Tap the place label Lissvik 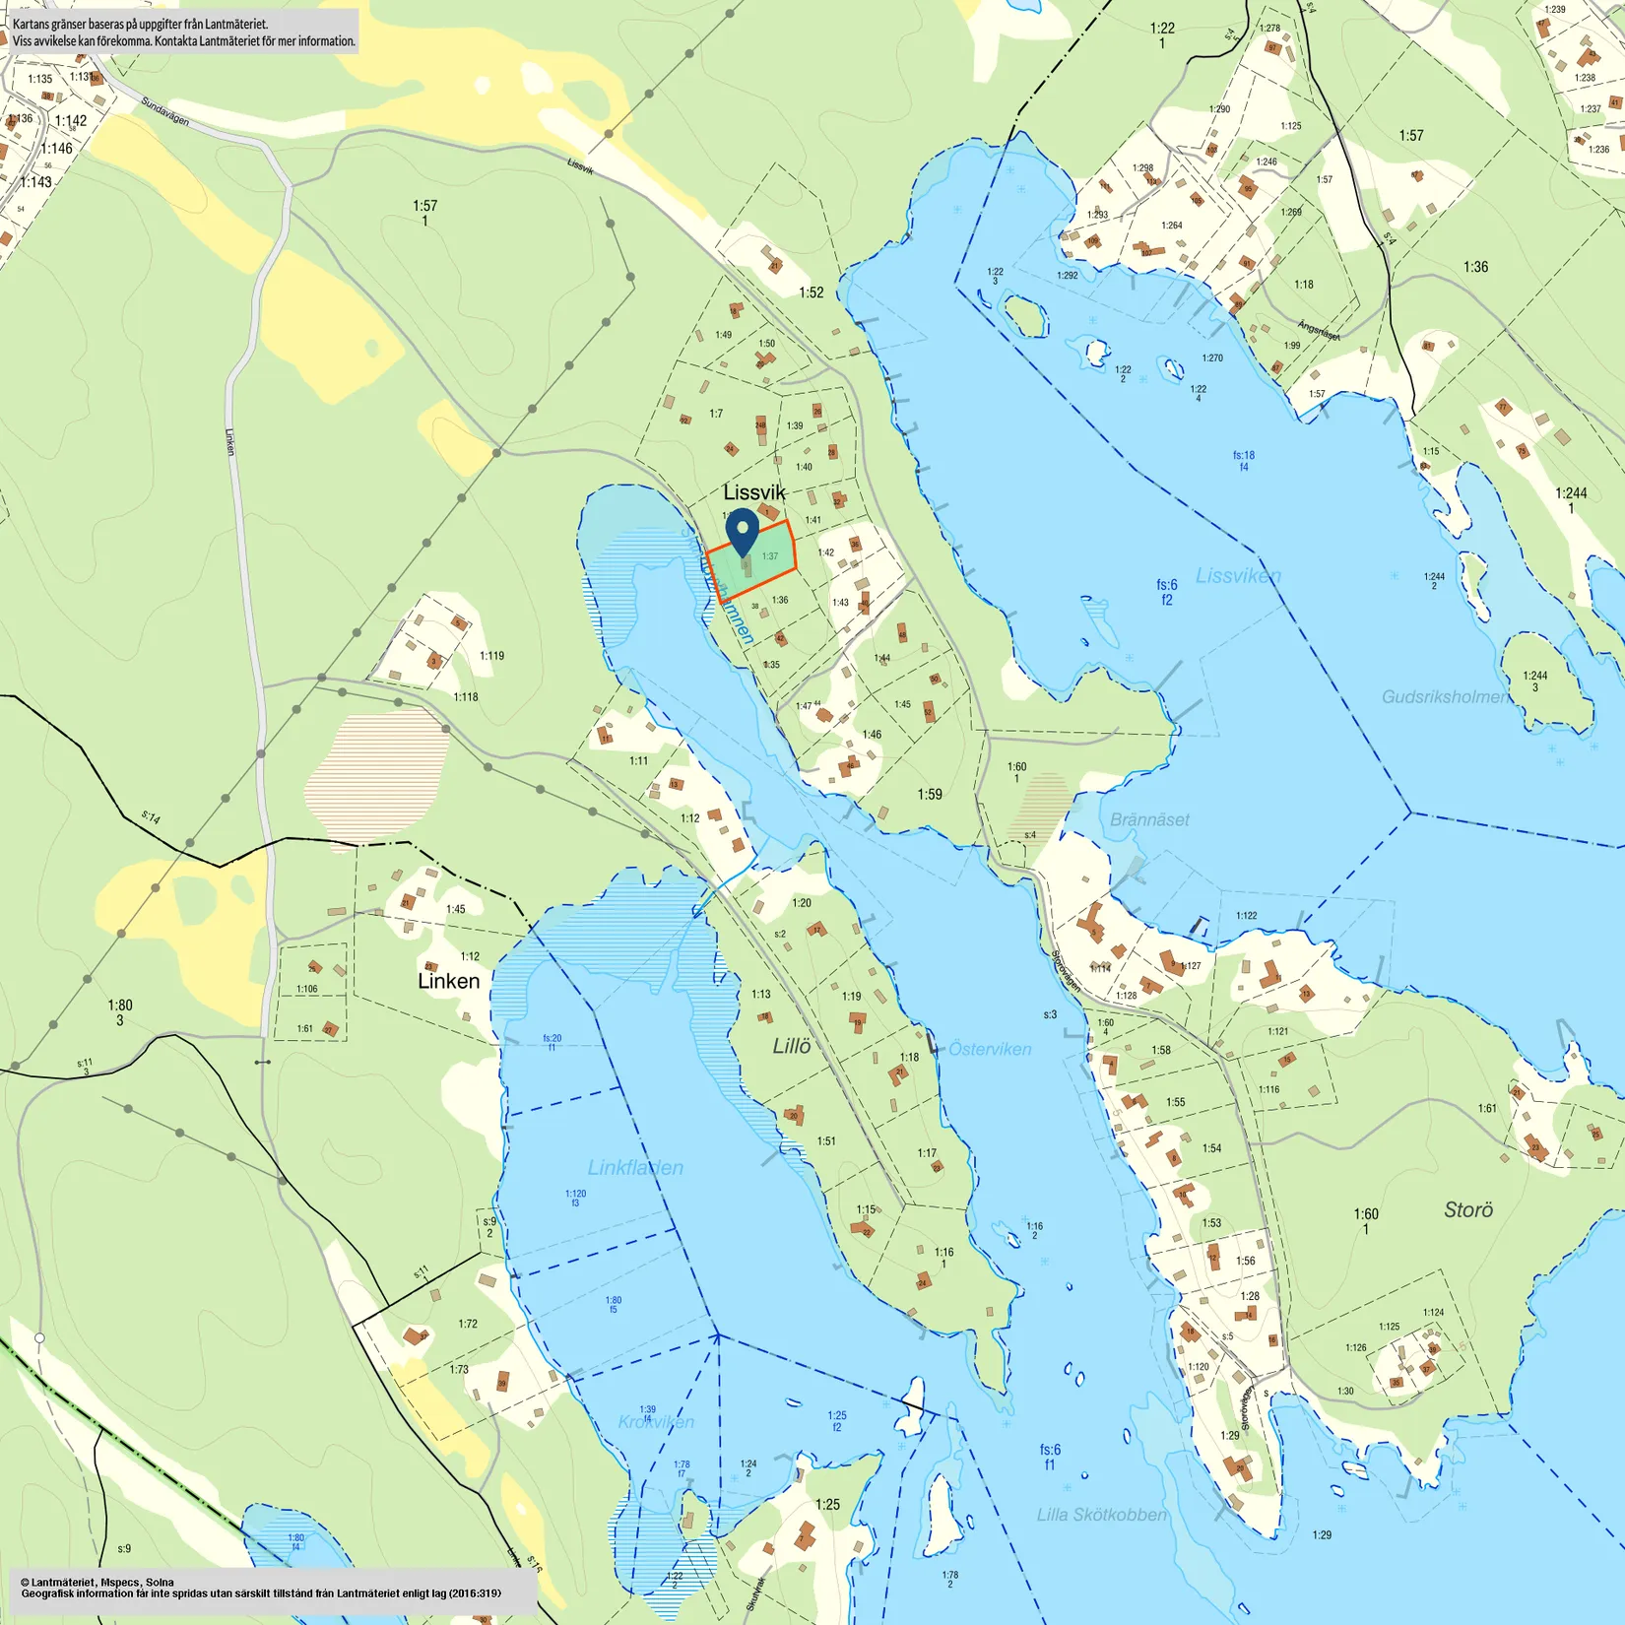pyautogui.click(x=753, y=492)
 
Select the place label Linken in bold pyautogui.click(x=448, y=981)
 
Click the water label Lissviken pyautogui.click(x=1238, y=575)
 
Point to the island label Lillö pyautogui.click(x=791, y=1046)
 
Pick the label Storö pyautogui.click(x=1468, y=1209)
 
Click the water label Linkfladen pyautogui.click(x=635, y=1167)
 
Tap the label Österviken pyautogui.click(x=990, y=1049)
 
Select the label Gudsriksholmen pyautogui.click(x=1444, y=696)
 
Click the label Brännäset pyautogui.click(x=1149, y=819)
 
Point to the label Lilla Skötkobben pyautogui.click(x=1101, y=1515)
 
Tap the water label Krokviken pyautogui.click(x=656, y=1421)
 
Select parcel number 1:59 pyautogui.click(x=930, y=794)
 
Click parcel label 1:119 pyautogui.click(x=491, y=656)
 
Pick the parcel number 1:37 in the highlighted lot pyautogui.click(x=770, y=556)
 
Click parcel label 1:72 pyautogui.click(x=468, y=1324)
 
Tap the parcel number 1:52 pyautogui.click(x=811, y=292)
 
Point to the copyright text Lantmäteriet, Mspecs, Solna pyautogui.click(x=98, y=1582)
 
